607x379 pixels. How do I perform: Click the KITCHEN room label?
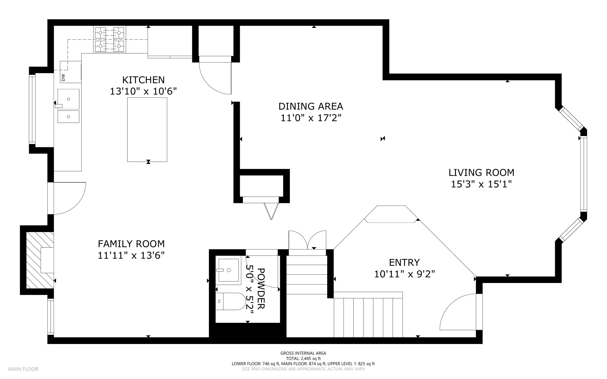pyautogui.click(x=143, y=80)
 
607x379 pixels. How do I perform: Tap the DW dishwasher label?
pyautogui.click(x=63, y=77)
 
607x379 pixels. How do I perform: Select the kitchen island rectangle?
pyautogui.click(x=147, y=129)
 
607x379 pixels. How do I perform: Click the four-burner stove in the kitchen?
pyautogui.click(x=110, y=39)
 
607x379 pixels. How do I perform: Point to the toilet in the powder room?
pyautogui.click(x=230, y=301)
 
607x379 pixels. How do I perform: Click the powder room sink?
pyautogui.click(x=228, y=270)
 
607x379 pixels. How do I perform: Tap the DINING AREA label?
pyautogui.click(x=311, y=106)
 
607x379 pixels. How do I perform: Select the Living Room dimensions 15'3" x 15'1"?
pyautogui.click(x=481, y=184)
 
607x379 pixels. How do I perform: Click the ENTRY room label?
pyautogui.click(x=404, y=263)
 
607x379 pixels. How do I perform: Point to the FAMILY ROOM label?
pyautogui.click(x=131, y=244)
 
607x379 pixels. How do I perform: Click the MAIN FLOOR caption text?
pyautogui.click(x=23, y=369)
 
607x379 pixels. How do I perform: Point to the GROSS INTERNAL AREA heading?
pyautogui.click(x=303, y=353)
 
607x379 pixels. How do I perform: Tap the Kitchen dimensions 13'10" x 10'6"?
pyautogui.click(x=143, y=91)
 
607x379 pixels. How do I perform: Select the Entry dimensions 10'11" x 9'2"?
pyautogui.click(x=404, y=274)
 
